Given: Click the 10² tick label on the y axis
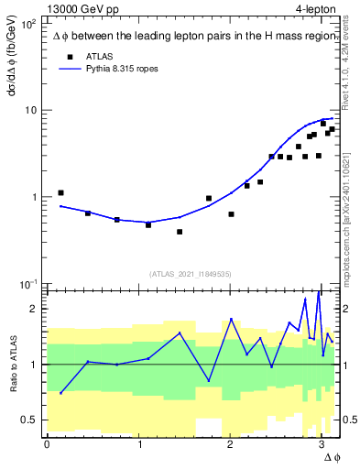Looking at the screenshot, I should (x=29, y=24).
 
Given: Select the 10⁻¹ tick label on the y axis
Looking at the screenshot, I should (x=29, y=283).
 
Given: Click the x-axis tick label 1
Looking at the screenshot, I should (x=138, y=444).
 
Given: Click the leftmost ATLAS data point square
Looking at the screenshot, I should (x=60, y=193).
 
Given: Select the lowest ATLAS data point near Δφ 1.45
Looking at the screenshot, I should (x=180, y=232).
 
